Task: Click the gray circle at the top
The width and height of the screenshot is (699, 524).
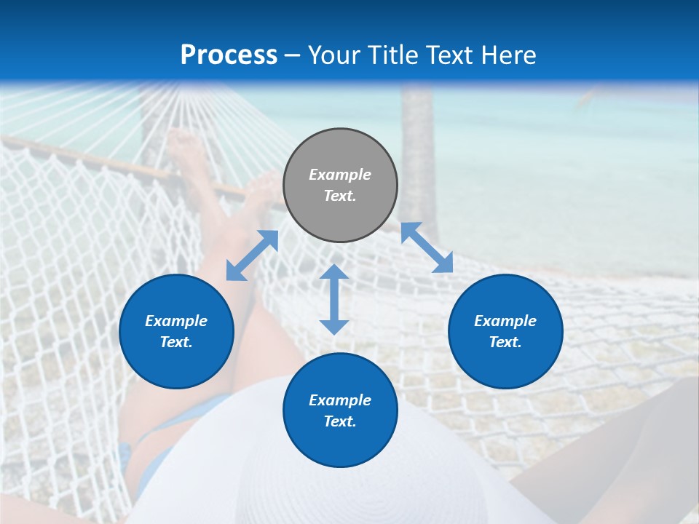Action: click(x=340, y=186)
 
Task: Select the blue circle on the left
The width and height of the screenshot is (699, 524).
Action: click(x=176, y=331)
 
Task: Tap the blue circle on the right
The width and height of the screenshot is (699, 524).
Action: click(x=505, y=331)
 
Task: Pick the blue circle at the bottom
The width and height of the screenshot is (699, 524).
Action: click(x=340, y=410)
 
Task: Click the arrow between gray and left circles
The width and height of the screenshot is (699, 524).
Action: click(x=252, y=255)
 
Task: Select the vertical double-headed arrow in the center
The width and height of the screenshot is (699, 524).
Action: click(x=334, y=299)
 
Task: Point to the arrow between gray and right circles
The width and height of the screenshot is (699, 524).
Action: click(x=427, y=247)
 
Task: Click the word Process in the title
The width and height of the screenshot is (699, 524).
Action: click(x=229, y=55)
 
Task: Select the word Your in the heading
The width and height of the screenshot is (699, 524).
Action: click(x=336, y=55)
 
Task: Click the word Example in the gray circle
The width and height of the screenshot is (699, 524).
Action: click(x=340, y=175)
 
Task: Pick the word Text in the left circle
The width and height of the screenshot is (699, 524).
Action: click(x=175, y=342)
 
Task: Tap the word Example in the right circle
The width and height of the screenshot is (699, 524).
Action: click(x=505, y=321)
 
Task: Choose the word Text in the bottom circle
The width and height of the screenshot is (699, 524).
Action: click(x=339, y=421)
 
